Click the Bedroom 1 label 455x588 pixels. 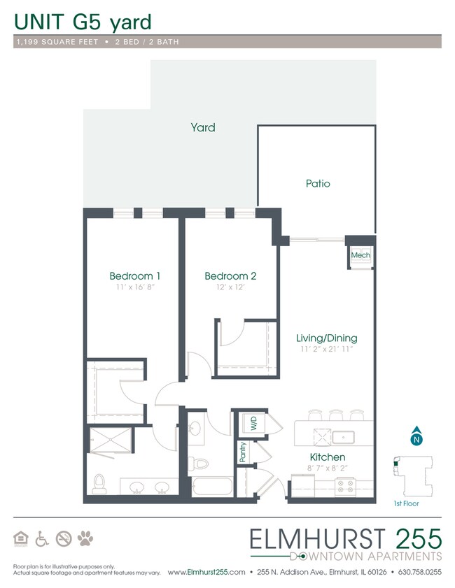tap(135, 275)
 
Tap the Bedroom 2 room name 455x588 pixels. tap(230, 276)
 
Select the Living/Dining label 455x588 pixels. tap(326, 338)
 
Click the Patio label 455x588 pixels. tap(317, 184)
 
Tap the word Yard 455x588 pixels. tap(203, 127)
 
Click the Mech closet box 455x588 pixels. tap(360, 256)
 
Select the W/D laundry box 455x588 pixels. tap(250, 424)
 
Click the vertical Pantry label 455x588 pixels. tap(243, 452)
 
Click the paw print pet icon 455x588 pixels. tap(86, 538)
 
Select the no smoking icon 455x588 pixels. tap(64, 538)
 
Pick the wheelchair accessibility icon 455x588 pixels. tap(42, 538)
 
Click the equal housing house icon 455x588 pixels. tap(21, 538)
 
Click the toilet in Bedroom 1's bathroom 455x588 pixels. tap(99, 482)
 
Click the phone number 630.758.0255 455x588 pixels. tap(419, 572)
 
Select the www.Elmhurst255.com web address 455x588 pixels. tap(206, 572)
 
